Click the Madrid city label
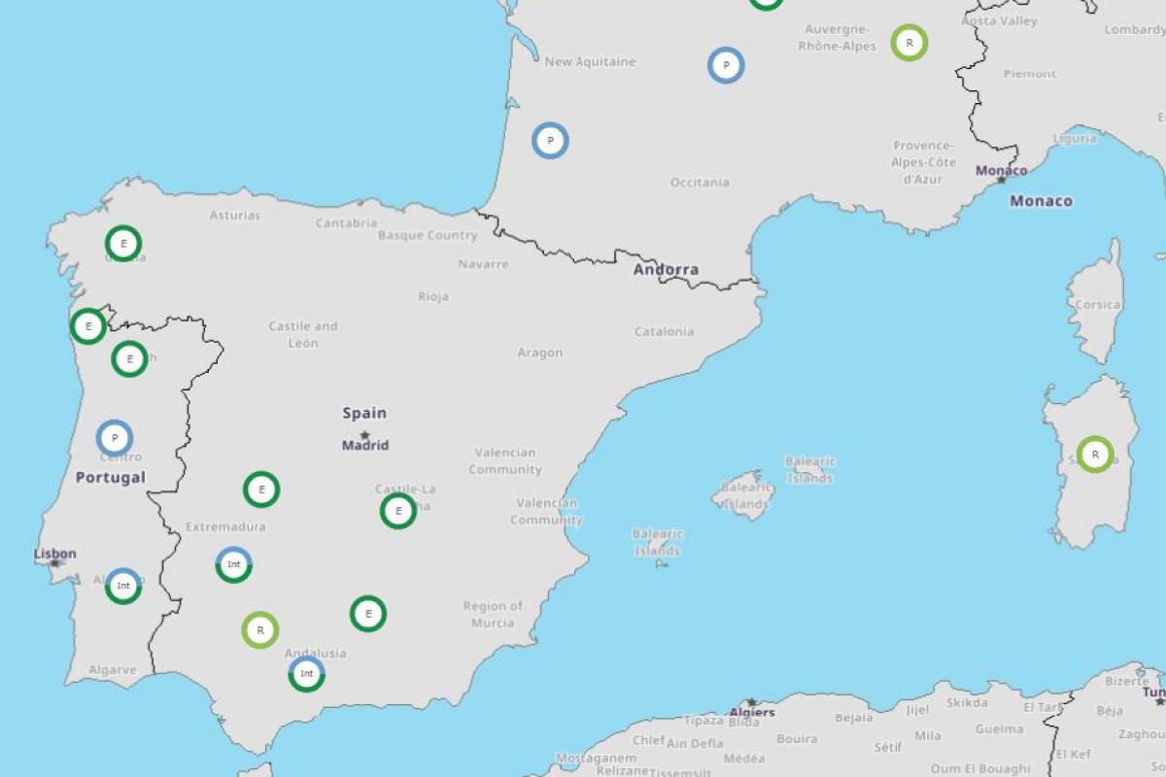click(365, 446)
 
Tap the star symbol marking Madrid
click(364, 434)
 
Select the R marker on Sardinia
click(1095, 455)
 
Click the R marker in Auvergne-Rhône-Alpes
click(909, 43)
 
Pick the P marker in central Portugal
click(115, 438)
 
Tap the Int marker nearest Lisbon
click(123, 586)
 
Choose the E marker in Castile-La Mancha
click(398, 511)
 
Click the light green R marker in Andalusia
click(260, 630)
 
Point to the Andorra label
click(666, 269)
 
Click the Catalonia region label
click(665, 331)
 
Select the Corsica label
click(1098, 304)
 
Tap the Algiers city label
click(752, 712)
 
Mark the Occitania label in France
click(700, 182)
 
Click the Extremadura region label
click(225, 526)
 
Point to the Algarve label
click(113, 669)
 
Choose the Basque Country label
click(428, 235)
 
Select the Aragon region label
click(540, 353)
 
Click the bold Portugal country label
click(111, 477)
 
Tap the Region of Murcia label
click(493, 614)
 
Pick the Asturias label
click(235, 215)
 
